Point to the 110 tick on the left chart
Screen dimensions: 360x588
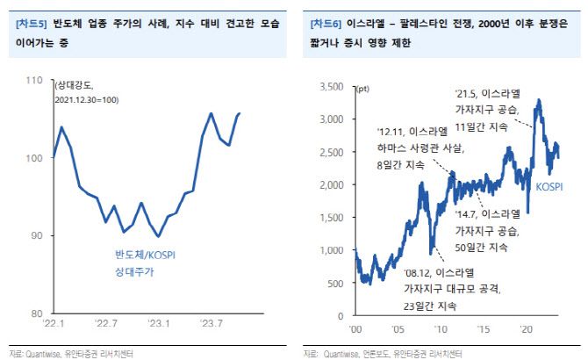click(37, 80)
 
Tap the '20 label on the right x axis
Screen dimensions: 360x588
click(527, 328)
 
